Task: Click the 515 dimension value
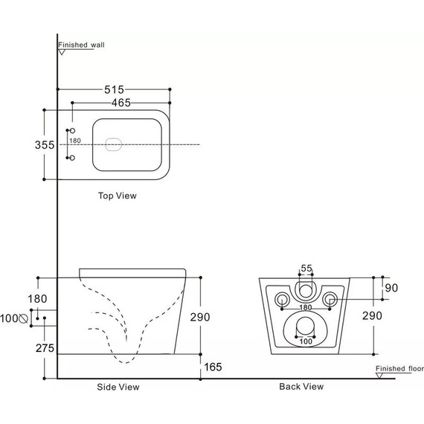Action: (x=114, y=89)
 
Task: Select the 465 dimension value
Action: (x=121, y=103)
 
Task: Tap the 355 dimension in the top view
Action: (x=45, y=145)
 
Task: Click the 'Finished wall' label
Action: (x=81, y=45)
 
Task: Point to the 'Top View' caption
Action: (x=118, y=196)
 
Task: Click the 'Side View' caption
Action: (x=118, y=387)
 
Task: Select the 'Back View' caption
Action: (x=301, y=386)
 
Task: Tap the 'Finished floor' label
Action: (x=399, y=368)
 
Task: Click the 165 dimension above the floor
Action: (x=213, y=367)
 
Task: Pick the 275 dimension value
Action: (x=45, y=348)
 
